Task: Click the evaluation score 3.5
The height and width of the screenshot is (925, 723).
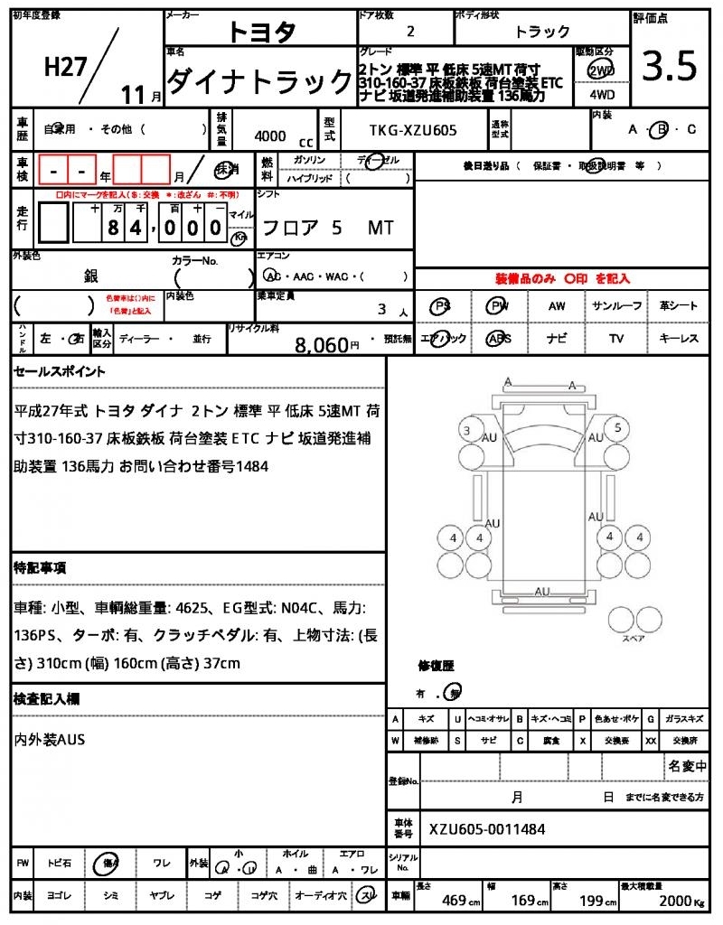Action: [670, 65]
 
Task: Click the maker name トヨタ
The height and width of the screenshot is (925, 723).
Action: [261, 33]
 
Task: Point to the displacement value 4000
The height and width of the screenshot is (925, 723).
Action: [270, 136]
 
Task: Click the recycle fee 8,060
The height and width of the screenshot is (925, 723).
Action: [322, 344]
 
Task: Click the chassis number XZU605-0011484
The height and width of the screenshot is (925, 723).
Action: [487, 829]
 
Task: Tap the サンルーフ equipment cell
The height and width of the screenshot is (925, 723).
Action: [616, 306]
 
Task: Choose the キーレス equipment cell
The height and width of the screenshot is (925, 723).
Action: [679, 339]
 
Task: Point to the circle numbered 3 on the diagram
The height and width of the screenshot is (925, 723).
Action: [467, 430]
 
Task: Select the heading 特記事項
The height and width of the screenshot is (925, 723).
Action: [39, 568]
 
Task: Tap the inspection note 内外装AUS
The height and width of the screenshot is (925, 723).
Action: [50, 740]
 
